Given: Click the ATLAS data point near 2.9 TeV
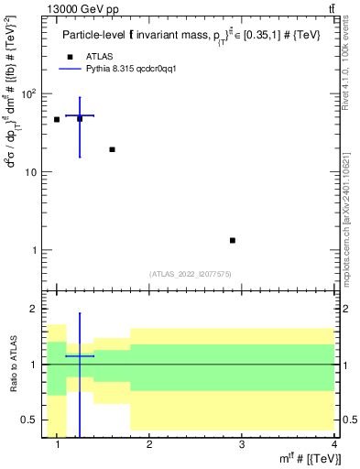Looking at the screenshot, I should click(233, 240).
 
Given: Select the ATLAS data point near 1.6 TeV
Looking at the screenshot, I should click(112, 149).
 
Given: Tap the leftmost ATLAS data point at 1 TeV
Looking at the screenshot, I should click(57, 119).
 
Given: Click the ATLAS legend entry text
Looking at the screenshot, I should click(100, 57).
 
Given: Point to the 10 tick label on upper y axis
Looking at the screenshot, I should click(33, 172).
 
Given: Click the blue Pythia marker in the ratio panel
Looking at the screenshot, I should click(80, 355).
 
